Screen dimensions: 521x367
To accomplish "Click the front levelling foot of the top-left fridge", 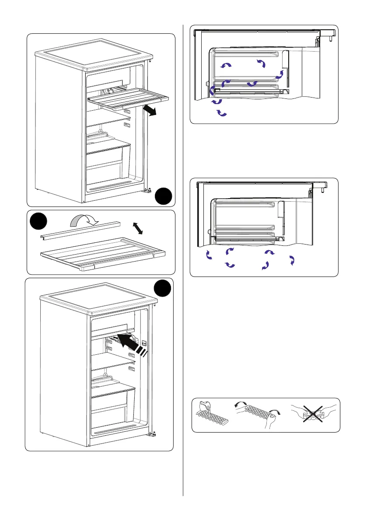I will [150, 190].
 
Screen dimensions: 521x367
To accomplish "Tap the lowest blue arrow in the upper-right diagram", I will [222, 114].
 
